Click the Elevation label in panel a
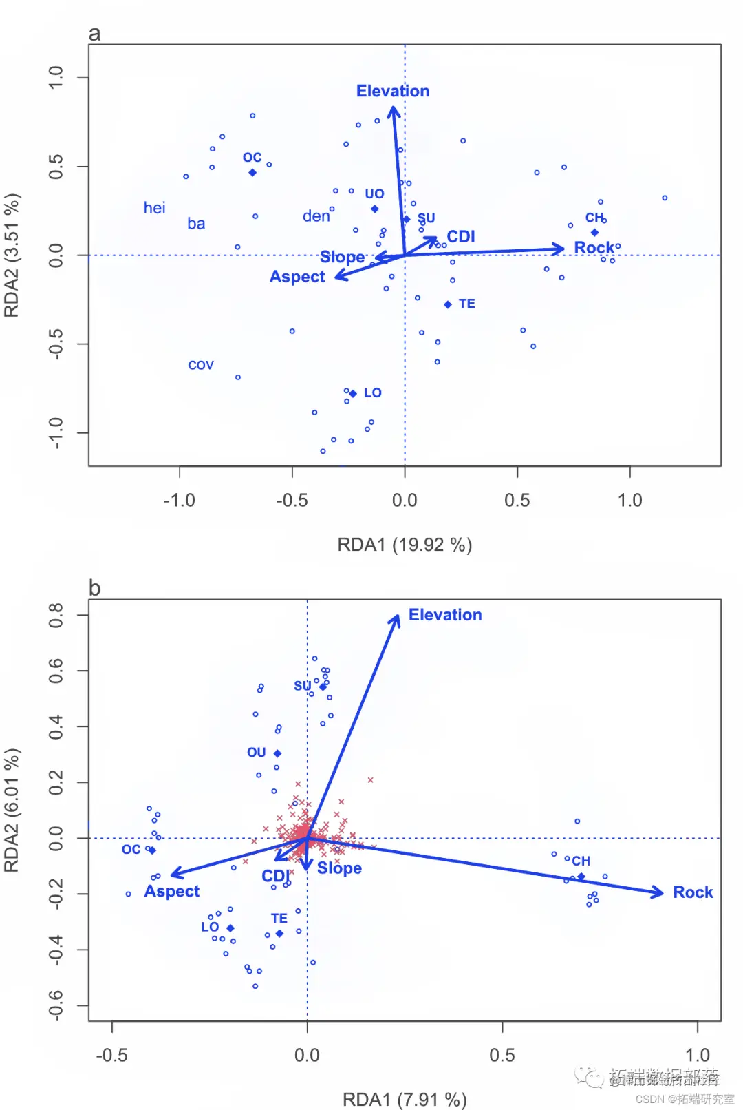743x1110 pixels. (392, 91)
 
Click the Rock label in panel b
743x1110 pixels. (692, 892)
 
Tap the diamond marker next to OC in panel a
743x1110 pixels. (252, 172)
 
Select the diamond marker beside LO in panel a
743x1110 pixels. (353, 394)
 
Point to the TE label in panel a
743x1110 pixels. (466, 304)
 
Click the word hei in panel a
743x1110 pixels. (154, 208)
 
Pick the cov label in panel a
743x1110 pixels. (201, 365)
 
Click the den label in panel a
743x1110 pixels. (316, 216)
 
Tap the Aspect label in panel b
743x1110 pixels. (171, 891)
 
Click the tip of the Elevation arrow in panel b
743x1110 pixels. (398, 615)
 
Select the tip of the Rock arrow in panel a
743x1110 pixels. (563, 249)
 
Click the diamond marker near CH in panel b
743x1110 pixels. (581, 877)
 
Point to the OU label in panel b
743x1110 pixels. (256, 753)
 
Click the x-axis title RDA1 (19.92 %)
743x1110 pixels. (405, 545)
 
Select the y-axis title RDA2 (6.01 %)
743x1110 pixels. (12, 810)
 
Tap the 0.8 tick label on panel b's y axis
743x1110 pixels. (56, 615)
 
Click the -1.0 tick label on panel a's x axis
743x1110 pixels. (179, 500)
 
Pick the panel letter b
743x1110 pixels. (95, 588)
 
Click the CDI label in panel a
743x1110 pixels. (461, 236)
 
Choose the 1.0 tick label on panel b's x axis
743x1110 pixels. (697, 1055)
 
